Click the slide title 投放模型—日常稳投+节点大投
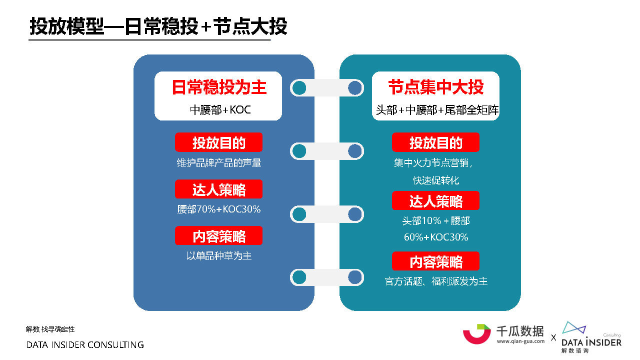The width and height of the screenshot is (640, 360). pos(158,26)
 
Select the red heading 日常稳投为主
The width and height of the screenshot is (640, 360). pos(219,87)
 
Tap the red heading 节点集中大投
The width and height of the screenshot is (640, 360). pos(436,87)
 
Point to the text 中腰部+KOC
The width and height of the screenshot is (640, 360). pos(220,110)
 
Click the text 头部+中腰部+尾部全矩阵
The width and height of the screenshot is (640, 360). pos(437,110)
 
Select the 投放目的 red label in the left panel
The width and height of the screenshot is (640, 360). pos(218,142)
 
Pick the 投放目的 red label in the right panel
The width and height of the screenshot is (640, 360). pos(435,142)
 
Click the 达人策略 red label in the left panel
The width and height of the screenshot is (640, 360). pos(218,189)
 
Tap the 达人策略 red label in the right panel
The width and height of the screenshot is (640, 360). pos(435,201)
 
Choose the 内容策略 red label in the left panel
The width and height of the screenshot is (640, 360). pos(218,235)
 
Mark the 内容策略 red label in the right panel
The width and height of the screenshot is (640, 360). pos(435,261)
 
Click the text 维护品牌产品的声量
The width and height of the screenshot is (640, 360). pos(219,163)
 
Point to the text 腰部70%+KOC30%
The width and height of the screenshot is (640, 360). pos(219,209)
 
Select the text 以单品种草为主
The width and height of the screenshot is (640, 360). pos(219,255)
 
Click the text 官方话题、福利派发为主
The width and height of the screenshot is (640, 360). pos(436,281)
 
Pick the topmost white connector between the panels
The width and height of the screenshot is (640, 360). pos(327,88)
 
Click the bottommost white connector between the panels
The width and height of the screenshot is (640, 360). pos(327,277)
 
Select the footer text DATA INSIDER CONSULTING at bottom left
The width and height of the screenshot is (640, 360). pos(85,345)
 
